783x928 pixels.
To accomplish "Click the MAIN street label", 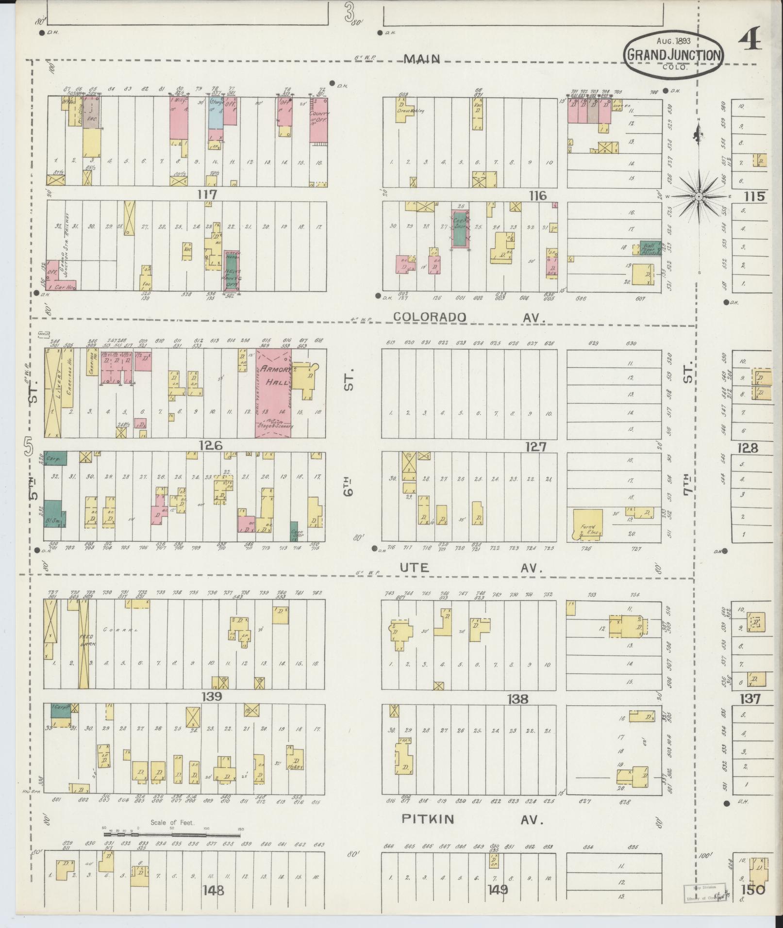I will (x=422, y=59).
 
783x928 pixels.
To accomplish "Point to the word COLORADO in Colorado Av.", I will (x=430, y=317).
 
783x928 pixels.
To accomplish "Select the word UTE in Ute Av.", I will (x=415, y=567).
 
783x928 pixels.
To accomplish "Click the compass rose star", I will (x=698, y=196).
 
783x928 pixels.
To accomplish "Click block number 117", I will (x=207, y=195).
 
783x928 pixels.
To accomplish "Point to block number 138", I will (x=516, y=699).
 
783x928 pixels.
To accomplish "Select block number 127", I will (x=535, y=446).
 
